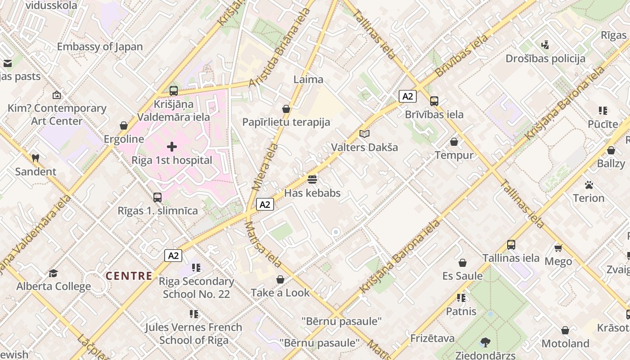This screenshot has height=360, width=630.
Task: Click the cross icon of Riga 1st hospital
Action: [x=172, y=147]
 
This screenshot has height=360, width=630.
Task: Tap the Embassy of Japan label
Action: [x=99, y=46]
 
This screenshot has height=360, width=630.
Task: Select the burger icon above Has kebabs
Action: [x=313, y=180]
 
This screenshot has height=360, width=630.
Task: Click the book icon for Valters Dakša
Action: [x=364, y=134]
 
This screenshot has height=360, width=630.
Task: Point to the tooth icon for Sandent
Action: [x=36, y=158]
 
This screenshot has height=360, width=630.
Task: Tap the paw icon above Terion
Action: [x=589, y=184]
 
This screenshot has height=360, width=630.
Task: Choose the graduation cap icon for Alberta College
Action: [x=54, y=273]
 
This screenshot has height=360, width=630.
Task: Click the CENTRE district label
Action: [x=129, y=276]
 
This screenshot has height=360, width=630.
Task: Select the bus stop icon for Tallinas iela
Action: [x=511, y=245]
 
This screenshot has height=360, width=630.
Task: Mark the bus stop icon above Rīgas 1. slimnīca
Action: [x=157, y=197]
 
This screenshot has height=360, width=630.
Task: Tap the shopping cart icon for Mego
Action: [x=558, y=248]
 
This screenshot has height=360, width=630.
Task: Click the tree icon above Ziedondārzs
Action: [x=485, y=342]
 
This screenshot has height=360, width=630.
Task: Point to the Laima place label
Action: [x=308, y=79]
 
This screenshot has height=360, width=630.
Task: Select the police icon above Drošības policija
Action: [x=545, y=45]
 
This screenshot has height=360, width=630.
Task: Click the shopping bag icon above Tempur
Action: [x=454, y=142]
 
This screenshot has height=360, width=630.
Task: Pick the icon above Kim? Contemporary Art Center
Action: [x=57, y=95]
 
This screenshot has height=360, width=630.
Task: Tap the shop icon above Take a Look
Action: [x=280, y=279]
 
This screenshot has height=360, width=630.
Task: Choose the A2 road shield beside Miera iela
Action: [x=265, y=204]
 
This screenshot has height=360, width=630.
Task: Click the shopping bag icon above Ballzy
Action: [x=611, y=150]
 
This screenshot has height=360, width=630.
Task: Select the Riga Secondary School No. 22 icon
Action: [x=196, y=268]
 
